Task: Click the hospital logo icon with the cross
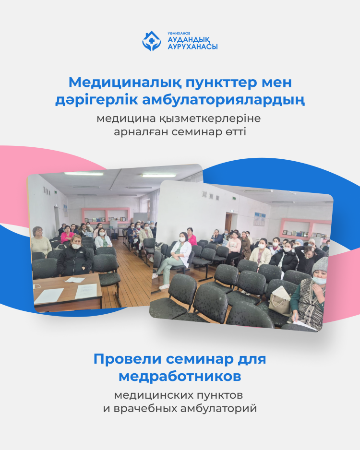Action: click(x=151, y=41)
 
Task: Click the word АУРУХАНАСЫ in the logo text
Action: click(x=192, y=47)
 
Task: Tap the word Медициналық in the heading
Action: click(x=125, y=83)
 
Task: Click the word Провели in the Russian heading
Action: click(x=128, y=359)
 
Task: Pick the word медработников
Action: click(x=180, y=377)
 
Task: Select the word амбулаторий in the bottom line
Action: click(x=218, y=408)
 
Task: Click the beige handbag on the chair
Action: click(x=280, y=301)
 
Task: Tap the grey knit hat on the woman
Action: click(x=320, y=265)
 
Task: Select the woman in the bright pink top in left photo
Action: click(x=67, y=234)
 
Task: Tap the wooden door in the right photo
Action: click(x=228, y=222)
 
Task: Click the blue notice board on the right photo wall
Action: click(x=260, y=219)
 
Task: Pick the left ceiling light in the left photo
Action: click(x=84, y=174)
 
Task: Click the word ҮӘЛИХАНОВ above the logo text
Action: click(x=179, y=33)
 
